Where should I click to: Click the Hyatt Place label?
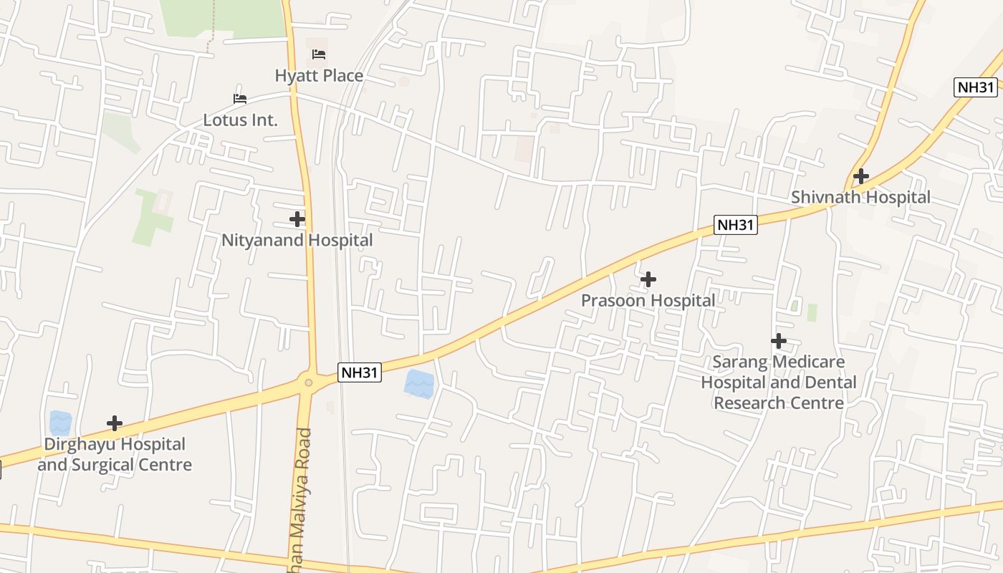coord(319,75)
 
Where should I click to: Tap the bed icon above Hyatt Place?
coord(319,54)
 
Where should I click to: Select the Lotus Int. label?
coord(240,120)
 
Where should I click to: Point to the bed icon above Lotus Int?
coord(240,99)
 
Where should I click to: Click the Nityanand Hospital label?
coord(297,240)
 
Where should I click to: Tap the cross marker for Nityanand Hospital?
coord(297,219)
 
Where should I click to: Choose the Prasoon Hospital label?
coord(648,300)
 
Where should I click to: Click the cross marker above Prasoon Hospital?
coord(648,279)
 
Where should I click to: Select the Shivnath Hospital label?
coord(860,197)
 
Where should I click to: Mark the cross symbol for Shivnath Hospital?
coord(861,176)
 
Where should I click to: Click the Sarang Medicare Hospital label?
coord(779,382)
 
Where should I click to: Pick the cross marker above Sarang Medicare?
coord(779,341)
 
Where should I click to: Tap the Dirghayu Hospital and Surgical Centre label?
coord(115,454)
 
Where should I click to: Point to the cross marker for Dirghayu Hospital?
coord(115,423)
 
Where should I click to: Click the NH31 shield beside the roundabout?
coord(360,372)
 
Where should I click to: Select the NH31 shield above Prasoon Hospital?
coord(736,225)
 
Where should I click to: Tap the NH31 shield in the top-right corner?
coord(976,87)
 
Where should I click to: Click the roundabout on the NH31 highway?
coord(309,382)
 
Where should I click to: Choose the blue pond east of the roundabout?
coord(419,384)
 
